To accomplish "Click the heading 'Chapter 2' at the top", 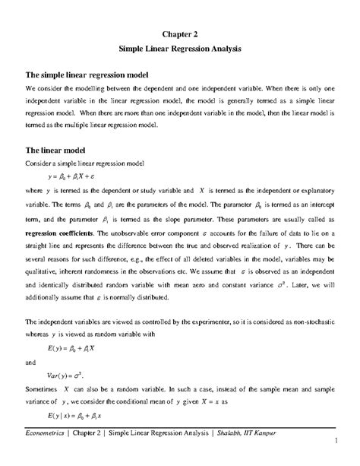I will pyautogui.click(x=179, y=33).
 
